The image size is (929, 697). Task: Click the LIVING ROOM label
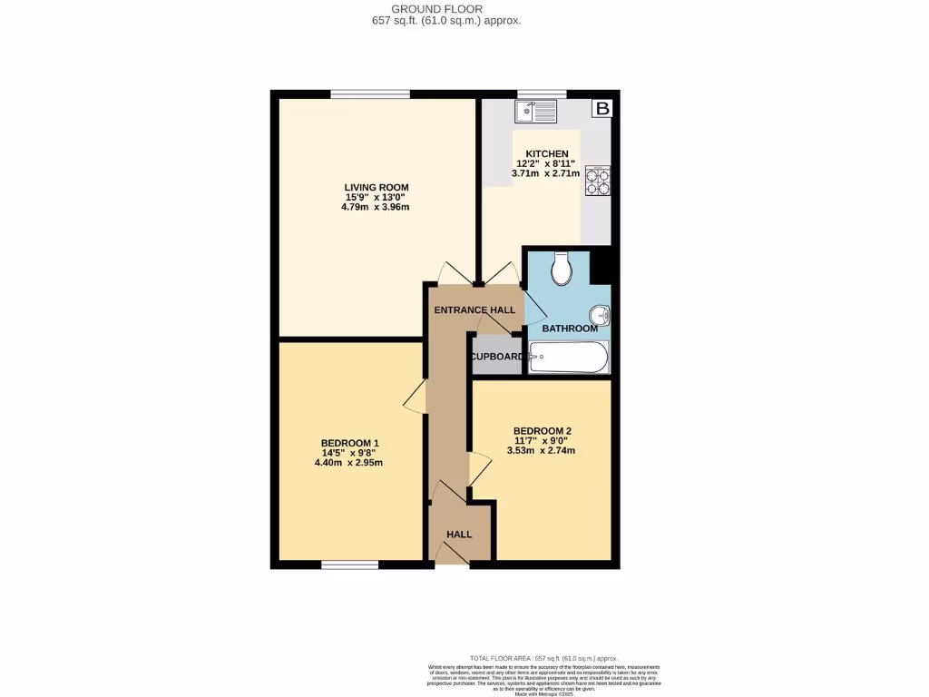(370, 188)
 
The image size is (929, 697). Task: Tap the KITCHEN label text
(547, 154)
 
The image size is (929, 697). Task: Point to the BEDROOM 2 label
(543, 431)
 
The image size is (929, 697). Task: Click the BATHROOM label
(570, 329)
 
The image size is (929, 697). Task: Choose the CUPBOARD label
(496, 357)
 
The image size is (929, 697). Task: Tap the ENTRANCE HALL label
(474, 310)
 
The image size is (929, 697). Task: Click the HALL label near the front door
(460, 535)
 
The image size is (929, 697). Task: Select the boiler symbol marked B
(602, 109)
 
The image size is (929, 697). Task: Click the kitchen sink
(535, 112)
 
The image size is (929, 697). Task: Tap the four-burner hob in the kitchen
(597, 182)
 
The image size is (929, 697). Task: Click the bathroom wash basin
(600, 316)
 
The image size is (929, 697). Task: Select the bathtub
(569, 357)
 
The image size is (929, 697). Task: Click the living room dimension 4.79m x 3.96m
(370, 208)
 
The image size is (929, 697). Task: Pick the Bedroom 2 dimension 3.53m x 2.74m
(543, 451)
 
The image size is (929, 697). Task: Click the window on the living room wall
(370, 93)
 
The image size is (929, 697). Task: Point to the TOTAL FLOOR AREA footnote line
(543, 658)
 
